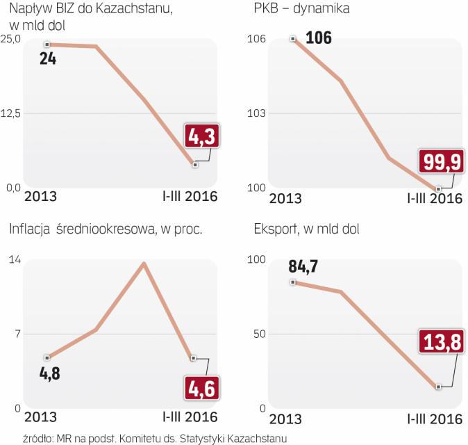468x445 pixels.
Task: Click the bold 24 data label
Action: click(x=48, y=59)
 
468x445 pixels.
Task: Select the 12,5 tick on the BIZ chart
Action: click(x=10, y=113)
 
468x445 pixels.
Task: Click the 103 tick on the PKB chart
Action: click(x=256, y=113)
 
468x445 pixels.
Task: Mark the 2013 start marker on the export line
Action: click(x=294, y=282)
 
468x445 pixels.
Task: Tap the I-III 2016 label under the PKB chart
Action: click(x=434, y=198)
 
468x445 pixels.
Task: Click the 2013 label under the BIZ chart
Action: click(x=40, y=197)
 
